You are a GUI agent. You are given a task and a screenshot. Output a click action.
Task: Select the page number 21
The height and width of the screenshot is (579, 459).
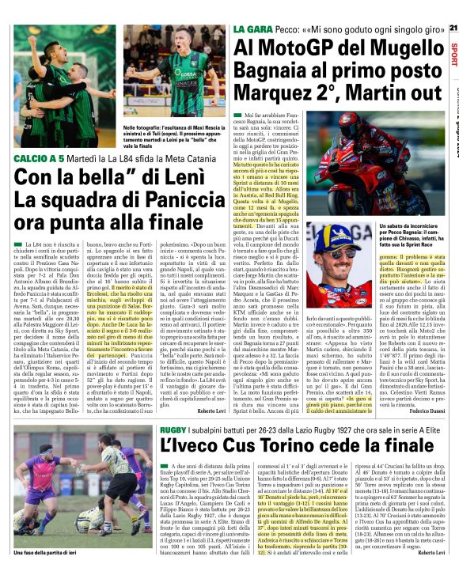pos(452,28)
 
